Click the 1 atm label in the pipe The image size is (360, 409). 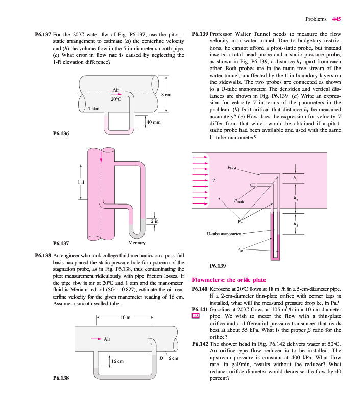tap(93, 109)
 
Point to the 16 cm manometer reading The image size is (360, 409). tap(117, 361)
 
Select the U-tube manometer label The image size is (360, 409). tap(224, 234)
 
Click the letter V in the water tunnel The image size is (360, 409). tap(214, 180)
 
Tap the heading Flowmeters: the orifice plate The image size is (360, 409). tap(228, 280)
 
